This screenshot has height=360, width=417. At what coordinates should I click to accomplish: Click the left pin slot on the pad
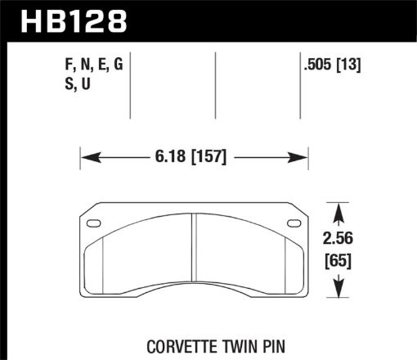94,223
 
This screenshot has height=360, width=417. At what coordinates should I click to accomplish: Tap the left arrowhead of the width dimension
86,155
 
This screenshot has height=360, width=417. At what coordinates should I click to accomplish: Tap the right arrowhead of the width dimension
303,155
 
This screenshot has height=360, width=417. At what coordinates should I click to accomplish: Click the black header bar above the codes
270,19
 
